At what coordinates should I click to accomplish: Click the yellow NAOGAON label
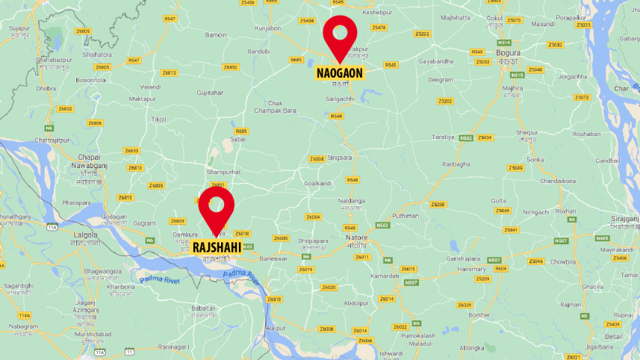340,73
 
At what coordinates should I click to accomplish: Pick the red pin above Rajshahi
216,206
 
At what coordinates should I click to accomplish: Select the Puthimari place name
406,215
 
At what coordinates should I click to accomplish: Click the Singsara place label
340,158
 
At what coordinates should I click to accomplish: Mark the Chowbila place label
563,262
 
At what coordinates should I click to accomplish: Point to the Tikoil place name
158,120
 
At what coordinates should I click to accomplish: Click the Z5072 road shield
582,97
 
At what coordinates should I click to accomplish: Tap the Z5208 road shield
438,204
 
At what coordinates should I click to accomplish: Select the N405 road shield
602,238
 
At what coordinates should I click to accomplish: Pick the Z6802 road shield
65,109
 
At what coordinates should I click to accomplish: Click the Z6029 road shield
465,305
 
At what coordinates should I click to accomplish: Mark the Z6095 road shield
281,238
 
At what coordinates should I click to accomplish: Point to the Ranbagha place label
456,164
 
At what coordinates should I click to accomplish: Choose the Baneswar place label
273,258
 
